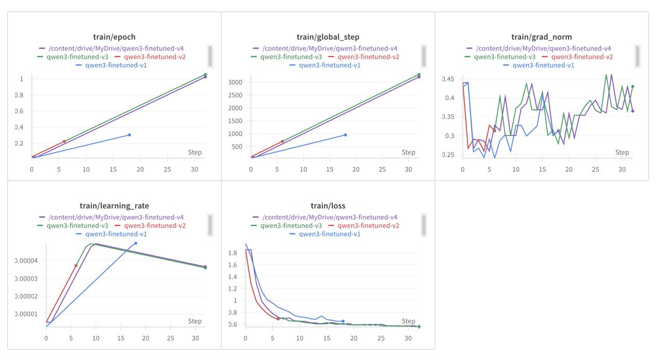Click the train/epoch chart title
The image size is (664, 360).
pos(114,37)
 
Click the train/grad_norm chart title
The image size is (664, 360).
pos(542,37)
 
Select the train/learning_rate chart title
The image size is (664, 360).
pos(114,206)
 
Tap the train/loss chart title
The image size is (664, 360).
pos(328,206)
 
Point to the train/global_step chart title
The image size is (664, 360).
pos(328,37)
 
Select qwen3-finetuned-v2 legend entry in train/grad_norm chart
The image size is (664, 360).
pos(577,57)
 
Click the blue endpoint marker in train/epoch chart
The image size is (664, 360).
pos(129,135)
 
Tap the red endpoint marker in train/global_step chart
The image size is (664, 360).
pos(283,141)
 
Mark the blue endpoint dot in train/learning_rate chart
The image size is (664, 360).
pos(136,243)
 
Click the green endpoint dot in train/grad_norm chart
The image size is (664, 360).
pos(633,87)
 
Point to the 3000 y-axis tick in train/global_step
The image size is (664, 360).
pos(235,82)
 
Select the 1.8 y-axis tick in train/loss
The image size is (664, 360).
pos(232,253)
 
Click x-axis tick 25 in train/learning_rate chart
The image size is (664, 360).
pos(171,338)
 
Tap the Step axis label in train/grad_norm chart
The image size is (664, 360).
pos(622,153)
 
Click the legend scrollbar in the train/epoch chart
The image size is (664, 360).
pos(210,56)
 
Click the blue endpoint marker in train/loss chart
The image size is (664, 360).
pos(343,321)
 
